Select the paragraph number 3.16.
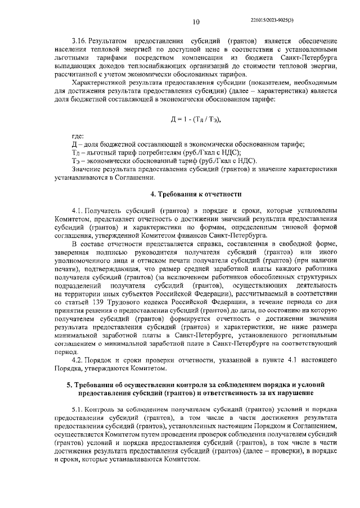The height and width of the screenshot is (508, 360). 79,43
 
